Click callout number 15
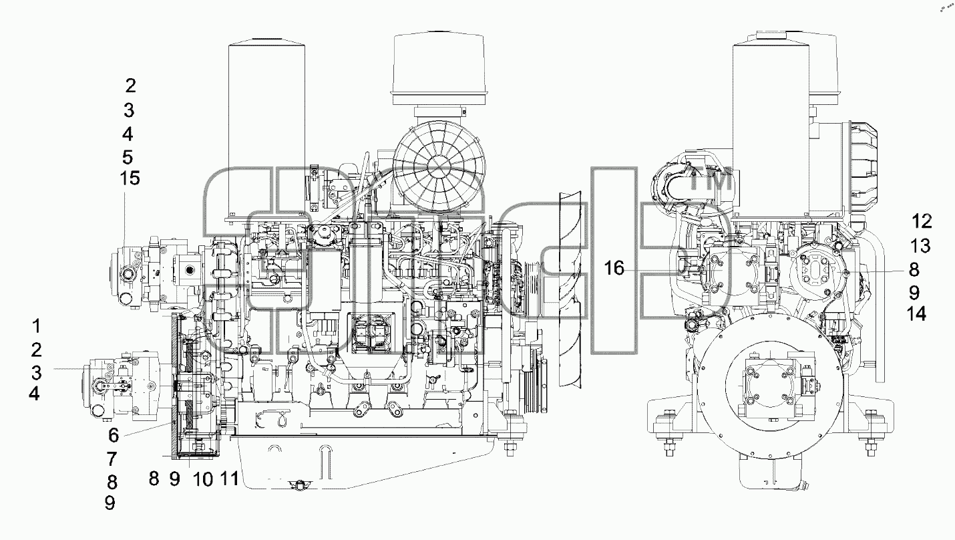[x=130, y=178]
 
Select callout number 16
[x=614, y=268]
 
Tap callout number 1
[x=37, y=326]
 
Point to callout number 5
[x=128, y=158]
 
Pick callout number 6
[x=114, y=436]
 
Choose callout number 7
[x=112, y=459]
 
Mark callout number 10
[x=203, y=479]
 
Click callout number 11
[x=229, y=478]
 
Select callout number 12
[x=922, y=221]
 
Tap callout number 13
[x=920, y=246]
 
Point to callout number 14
[x=917, y=314]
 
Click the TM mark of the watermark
[x=711, y=181]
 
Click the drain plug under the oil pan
[x=301, y=484]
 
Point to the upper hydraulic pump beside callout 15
[x=158, y=272]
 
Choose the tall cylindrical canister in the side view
[x=267, y=128]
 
